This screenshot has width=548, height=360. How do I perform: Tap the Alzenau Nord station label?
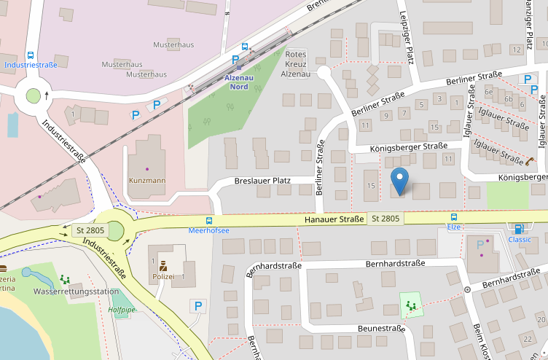coord(238,82)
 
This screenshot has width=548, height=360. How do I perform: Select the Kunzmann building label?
coord(146,179)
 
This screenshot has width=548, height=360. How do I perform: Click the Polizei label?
coord(163,278)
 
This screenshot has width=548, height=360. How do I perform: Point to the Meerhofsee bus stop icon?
coord(209,220)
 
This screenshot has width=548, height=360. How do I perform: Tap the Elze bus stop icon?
coord(454,217)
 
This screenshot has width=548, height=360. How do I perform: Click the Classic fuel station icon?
coord(519,229)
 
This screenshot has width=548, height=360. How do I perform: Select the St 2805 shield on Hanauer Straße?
coord(385,219)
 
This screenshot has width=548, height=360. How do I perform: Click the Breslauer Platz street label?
coord(263,180)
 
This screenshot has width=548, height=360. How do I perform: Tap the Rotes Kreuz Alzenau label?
coord(296,64)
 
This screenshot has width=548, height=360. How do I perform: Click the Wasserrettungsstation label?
coord(76,291)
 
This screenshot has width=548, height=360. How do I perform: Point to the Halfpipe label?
coord(122,310)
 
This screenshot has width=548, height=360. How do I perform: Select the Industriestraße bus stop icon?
coord(31,55)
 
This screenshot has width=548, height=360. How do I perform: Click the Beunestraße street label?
coord(381,329)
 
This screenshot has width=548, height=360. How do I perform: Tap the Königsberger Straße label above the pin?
coord(408,146)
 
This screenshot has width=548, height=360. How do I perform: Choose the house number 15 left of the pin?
coord(371,186)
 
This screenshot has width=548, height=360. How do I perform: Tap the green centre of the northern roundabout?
coord(33,95)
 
